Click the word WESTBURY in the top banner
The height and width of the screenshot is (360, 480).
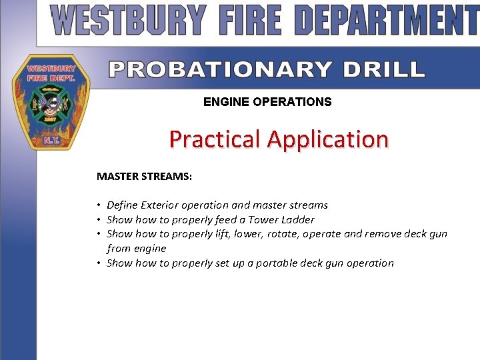(x=129, y=21)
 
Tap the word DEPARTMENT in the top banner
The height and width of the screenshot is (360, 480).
(x=388, y=21)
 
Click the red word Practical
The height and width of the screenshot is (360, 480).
(x=215, y=139)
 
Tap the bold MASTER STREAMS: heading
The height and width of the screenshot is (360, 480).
(x=144, y=177)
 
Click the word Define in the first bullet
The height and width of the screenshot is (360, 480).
(x=122, y=205)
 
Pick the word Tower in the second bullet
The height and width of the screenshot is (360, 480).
(x=263, y=219)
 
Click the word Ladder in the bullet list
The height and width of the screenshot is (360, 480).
(x=298, y=219)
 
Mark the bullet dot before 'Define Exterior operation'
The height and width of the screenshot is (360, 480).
(x=99, y=205)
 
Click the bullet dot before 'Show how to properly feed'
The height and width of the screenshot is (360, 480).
(x=99, y=219)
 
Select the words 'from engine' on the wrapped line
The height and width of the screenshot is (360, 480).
(x=136, y=248)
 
